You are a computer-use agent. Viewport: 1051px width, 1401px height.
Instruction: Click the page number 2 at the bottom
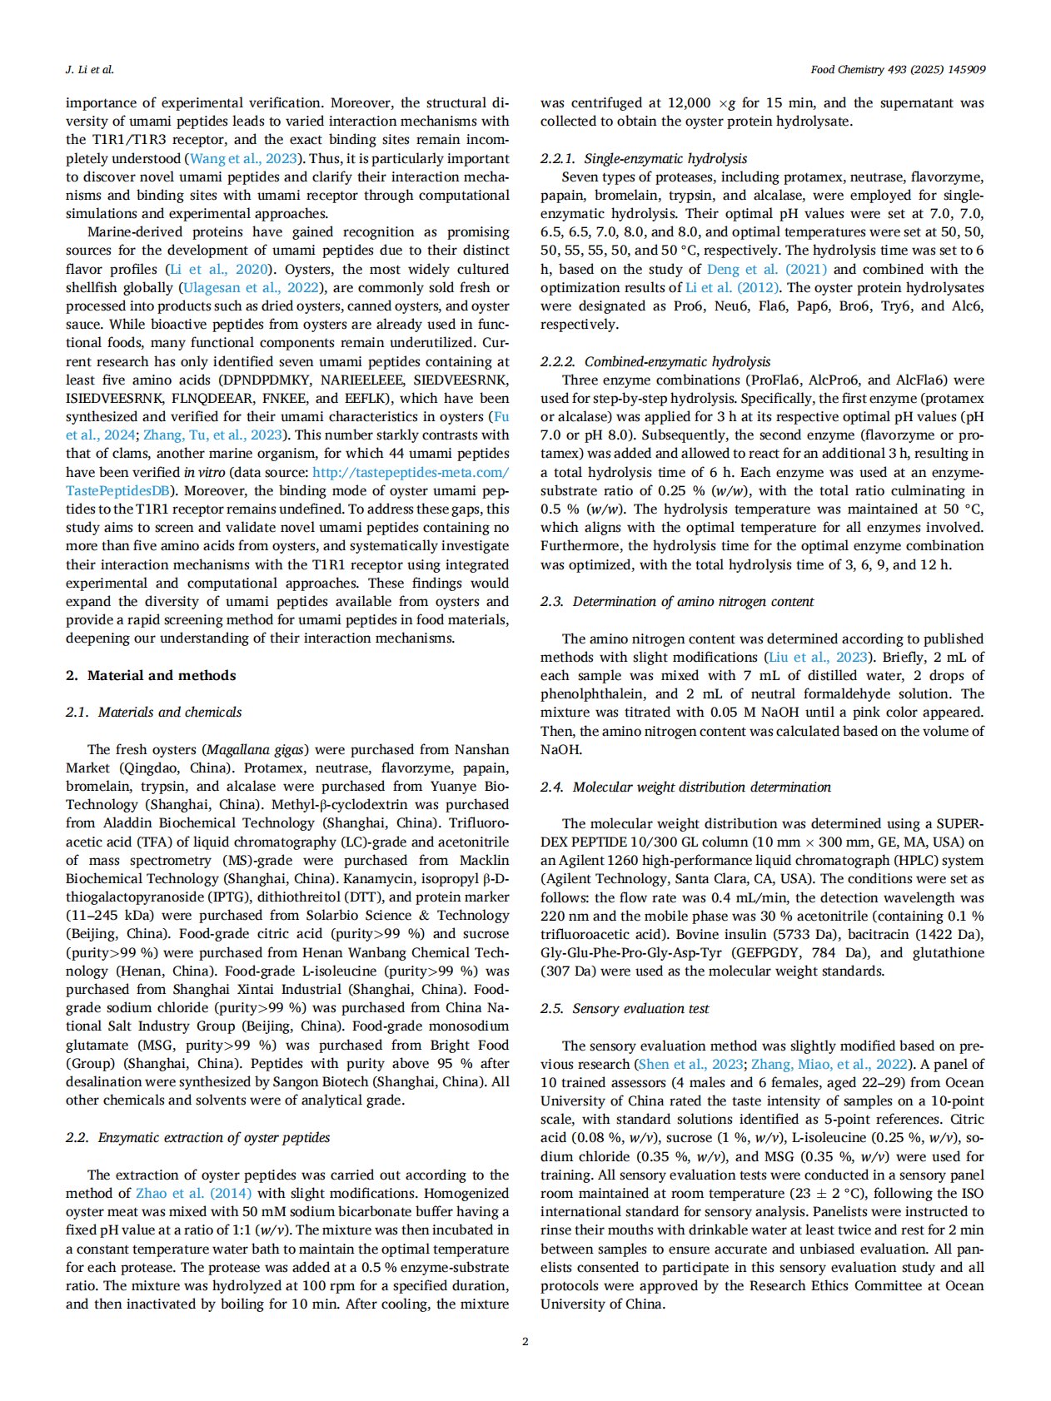(525, 1341)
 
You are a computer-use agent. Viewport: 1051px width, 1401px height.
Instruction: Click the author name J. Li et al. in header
(89, 70)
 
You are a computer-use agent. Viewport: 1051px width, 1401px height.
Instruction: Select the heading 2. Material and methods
(151, 675)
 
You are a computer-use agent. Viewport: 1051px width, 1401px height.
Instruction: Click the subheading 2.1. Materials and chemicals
(154, 712)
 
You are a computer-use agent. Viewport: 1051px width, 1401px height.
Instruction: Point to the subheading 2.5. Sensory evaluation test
(625, 1008)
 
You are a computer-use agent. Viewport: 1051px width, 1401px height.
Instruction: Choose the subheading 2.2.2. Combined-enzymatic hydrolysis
(655, 361)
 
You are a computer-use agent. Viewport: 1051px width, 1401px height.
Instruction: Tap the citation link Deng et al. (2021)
(767, 269)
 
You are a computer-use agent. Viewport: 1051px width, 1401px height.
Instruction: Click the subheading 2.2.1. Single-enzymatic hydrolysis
(644, 158)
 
